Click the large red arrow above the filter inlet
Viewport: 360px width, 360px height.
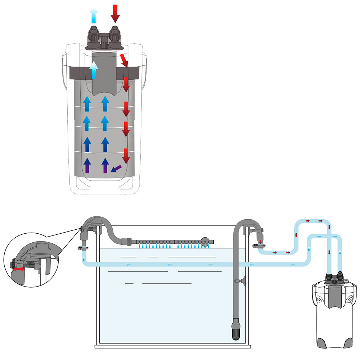pos(115,13)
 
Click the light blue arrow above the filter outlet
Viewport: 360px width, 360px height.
pos(93,16)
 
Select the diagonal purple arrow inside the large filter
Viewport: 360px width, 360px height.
pos(116,168)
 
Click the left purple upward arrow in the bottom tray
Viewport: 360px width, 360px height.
pos(87,166)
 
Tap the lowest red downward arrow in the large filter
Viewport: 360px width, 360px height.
pos(126,156)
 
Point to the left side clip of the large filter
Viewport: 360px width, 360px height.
pos(65,68)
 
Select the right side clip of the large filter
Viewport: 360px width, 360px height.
pos(144,68)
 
